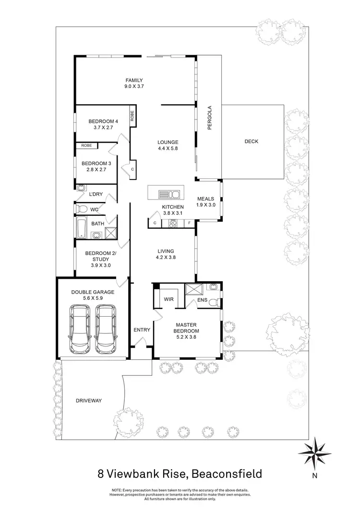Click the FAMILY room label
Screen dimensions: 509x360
(x=134, y=80)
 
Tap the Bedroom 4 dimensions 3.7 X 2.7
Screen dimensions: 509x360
(x=103, y=128)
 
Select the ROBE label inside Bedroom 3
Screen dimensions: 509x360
(x=86, y=145)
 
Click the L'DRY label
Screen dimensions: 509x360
(x=96, y=194)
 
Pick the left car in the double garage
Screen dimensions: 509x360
(x=80, y=330)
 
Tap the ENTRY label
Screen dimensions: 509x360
(x=143, y=330)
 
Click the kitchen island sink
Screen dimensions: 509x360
(x=168, y=194)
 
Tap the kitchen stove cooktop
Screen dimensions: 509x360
(x=172, y=223)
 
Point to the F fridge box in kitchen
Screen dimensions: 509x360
(x=189, y=223)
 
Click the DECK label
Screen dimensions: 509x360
(x=252, y=141)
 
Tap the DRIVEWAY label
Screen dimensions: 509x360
(x=89, y=400)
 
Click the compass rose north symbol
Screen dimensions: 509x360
(x=315, y=453)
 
